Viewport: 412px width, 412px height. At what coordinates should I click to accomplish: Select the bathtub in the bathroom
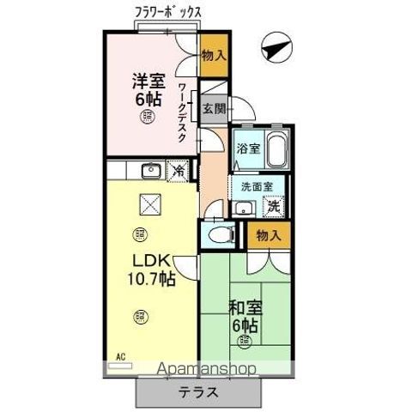pyautogui.click(x=275, y=152)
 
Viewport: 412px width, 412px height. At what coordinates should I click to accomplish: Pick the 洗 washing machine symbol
pyautogui.click(x=273, y=206)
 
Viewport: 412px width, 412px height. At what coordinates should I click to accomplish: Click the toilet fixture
pyautogui.click(x=217, y=234)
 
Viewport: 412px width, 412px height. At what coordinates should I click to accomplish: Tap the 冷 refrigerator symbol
pyautogui.click(x=179, y=170)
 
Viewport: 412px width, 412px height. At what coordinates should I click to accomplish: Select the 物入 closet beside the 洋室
pyautogui.click(x=214, y=56)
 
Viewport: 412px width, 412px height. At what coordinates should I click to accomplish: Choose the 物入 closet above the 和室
pyautogui.click(x=267, y=234)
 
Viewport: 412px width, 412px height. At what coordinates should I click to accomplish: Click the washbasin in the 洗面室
pyautogui.click(x=242, y=207)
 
